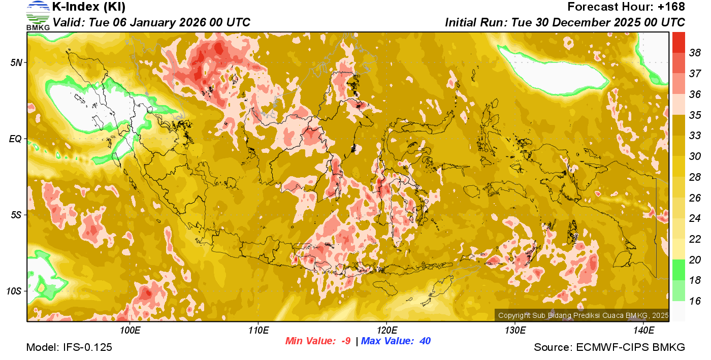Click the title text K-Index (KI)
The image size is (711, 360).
(89, 7)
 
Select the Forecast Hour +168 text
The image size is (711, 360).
(626, 7)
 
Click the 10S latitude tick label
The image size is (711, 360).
(14, 291)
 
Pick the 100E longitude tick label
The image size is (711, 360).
(130, 331)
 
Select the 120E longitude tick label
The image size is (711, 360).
(386, 331)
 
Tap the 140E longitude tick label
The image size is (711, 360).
(643, 331)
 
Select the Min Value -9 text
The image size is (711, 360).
(318, 341)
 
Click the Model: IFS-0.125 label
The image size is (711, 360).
(69, 348)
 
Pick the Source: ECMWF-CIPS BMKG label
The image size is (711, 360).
(609, 348)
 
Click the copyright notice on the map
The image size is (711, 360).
(583, 315)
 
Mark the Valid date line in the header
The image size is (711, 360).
(151, 23)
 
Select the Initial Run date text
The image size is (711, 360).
(565, 23)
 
